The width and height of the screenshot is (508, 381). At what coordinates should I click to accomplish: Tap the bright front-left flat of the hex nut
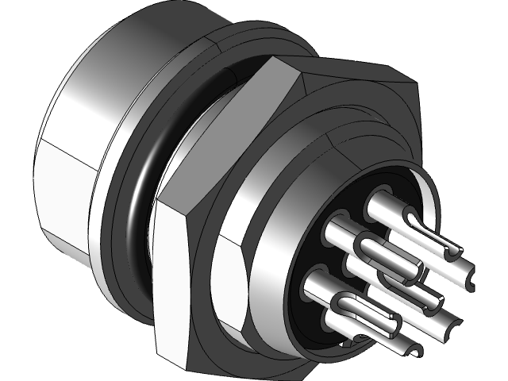pyautogui.click(x=171, y=278)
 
